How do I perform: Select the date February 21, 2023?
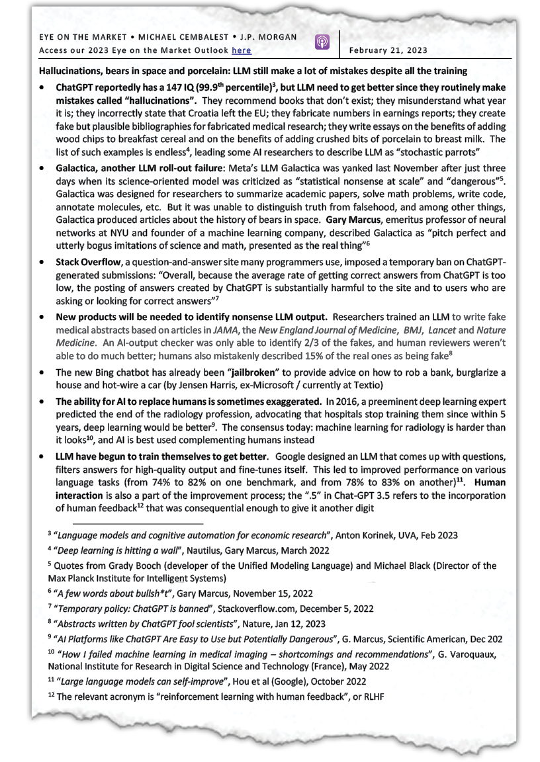pos(388,50)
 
